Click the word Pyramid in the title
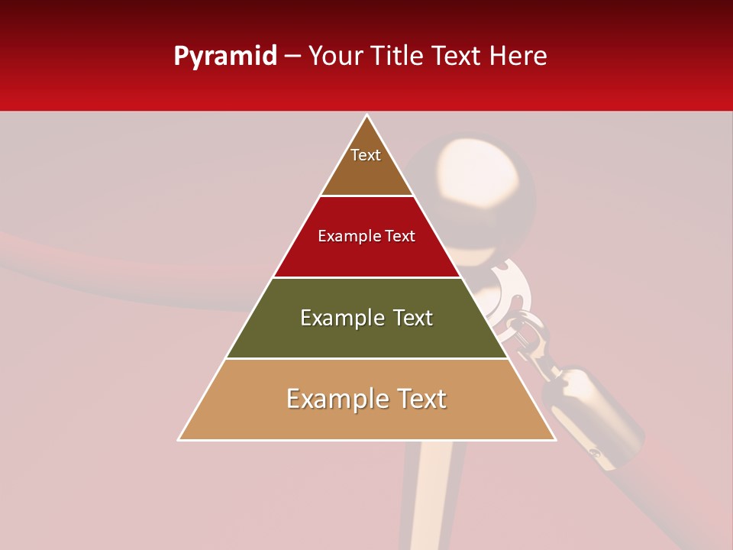click(225, 57)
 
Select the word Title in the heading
click(399, 56)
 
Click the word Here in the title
click(518, 56)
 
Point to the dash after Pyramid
click(293, 57)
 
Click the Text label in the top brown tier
click(366, 155)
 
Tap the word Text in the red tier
click(400, 236)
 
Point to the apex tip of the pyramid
click(367, 116)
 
